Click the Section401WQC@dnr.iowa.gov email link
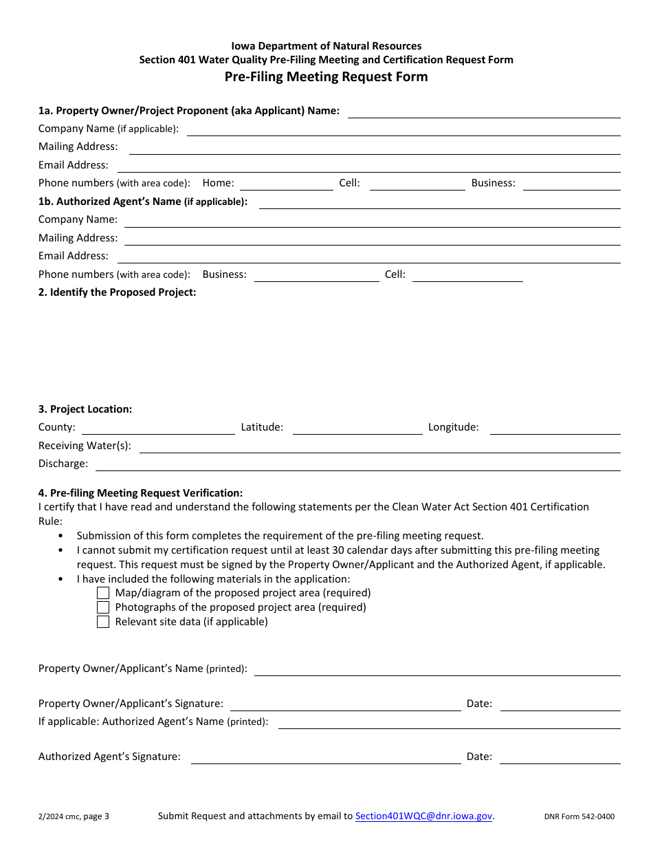click(423, 816)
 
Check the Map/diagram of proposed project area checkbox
click(103, 593)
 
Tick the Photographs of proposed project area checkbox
click(103, 607)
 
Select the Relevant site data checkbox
click(103, 622)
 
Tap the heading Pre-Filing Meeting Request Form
click(326, 76)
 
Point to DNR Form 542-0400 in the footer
click(579, 817)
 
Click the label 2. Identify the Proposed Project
click(118, 292)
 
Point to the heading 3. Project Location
click(85, 409)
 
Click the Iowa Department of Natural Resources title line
click(326, 46)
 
